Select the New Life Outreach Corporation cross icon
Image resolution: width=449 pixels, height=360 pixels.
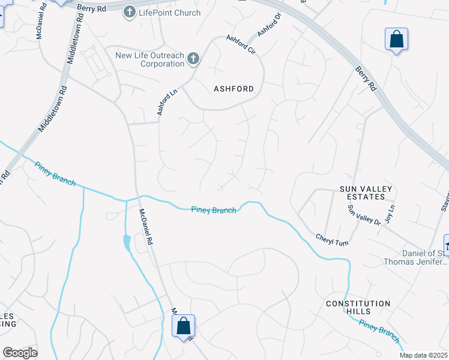[x=193, y=59]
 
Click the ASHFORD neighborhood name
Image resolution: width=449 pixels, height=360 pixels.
[x=234, y=89]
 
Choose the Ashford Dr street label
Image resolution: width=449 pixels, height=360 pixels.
[x=269, y=25]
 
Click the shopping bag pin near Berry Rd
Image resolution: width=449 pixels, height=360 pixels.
[x=396, y=40]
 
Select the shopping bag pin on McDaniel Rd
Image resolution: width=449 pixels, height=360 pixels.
[x=184, y=326]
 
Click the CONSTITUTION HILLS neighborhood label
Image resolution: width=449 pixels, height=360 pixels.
[x=358, y=307]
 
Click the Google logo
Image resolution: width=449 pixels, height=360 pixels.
[x=20, y=353]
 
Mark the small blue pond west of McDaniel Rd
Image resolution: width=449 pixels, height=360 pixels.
[x=126, y=243]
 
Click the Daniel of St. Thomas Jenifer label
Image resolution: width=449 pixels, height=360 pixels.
[x=415, y=257]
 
